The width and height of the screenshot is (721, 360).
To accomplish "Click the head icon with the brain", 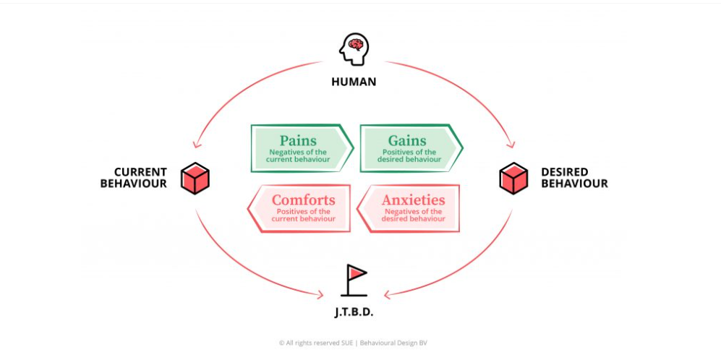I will click(354, 49).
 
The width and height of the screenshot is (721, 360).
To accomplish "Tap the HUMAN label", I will click(354, 82).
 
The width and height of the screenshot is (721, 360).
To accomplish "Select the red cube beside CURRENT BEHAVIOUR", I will click(195, 178).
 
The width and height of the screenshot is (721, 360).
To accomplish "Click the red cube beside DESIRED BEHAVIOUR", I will click(513, 178).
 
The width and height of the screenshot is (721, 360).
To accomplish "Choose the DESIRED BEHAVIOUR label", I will click(574, 178).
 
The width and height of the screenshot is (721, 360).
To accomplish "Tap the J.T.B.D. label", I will click(353, 314).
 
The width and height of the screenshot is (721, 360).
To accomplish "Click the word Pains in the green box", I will click(298, 140).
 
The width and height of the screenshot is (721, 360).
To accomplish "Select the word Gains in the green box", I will click(407, 140).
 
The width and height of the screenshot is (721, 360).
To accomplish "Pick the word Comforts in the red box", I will click(304, 200).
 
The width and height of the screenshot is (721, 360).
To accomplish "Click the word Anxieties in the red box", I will click(414, 200).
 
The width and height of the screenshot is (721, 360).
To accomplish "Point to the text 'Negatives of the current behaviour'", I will click(298, 156).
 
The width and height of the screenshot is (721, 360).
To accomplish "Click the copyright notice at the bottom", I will click(353, 343).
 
